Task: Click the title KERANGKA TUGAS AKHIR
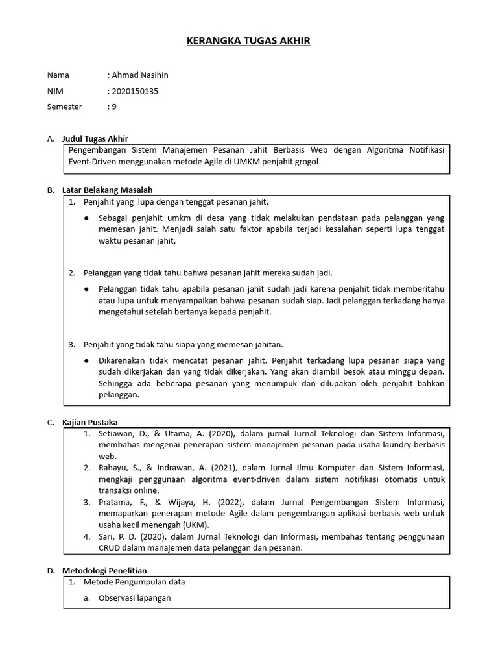tap(248, 41)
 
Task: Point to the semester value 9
tap(114, 107)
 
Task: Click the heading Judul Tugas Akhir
tap(95, 138)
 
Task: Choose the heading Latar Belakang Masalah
tap(107, 190)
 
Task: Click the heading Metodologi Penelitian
tap(108, 570)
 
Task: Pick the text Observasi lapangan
tap(135, 597)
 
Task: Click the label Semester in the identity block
tap(65, 107)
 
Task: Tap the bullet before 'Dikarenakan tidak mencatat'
tap(87, 360)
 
